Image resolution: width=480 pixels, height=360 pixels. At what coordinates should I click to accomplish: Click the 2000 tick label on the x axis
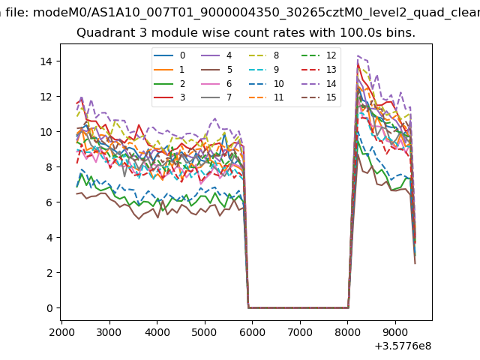click(61, 331)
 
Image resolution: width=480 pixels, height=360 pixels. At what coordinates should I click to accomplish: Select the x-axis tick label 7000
click(300, 331)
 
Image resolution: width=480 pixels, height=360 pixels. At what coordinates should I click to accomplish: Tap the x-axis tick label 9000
click(395, 331)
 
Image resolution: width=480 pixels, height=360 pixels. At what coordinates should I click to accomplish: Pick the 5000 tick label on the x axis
click(205, 331)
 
